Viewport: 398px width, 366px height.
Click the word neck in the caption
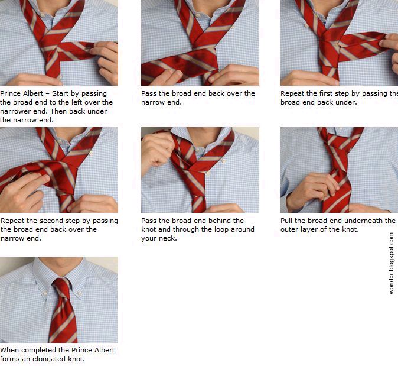point(167,238)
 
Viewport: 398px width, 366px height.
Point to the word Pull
point(286,221)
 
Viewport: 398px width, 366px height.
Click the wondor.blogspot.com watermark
point(392,263)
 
